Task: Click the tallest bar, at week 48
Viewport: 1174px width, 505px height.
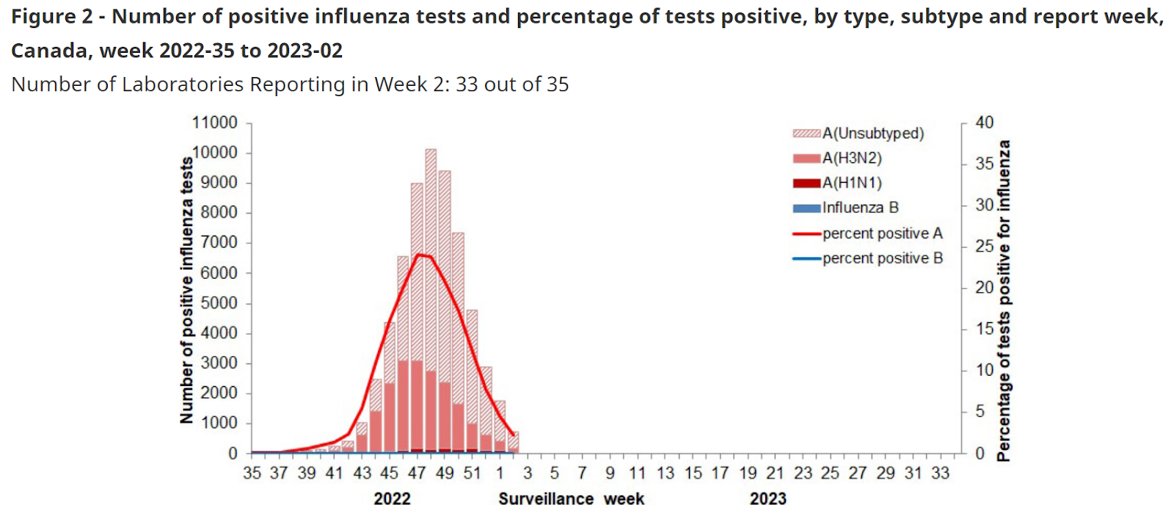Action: coord(431,294)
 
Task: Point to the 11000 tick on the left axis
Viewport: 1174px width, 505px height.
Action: coord(215,123)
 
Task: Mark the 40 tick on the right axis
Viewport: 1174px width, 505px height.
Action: coord(984,123)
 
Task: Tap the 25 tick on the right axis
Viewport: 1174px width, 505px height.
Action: coord(984,247)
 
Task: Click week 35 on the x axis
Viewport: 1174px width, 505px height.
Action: coord(252,473)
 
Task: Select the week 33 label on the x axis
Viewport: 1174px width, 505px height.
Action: coord(940,473)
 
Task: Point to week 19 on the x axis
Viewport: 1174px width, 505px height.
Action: coord(748,473)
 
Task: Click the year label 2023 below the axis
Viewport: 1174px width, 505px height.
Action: coord(768,498)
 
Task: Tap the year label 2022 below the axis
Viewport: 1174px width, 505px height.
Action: coord(392,498)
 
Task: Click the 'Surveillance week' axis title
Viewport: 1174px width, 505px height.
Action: coord(571,498)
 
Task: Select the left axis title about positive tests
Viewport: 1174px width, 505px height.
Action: coord(186,290)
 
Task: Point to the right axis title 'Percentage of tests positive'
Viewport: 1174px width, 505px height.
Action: coord(1003,301)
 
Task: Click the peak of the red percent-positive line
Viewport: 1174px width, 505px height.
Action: coord(418,255)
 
